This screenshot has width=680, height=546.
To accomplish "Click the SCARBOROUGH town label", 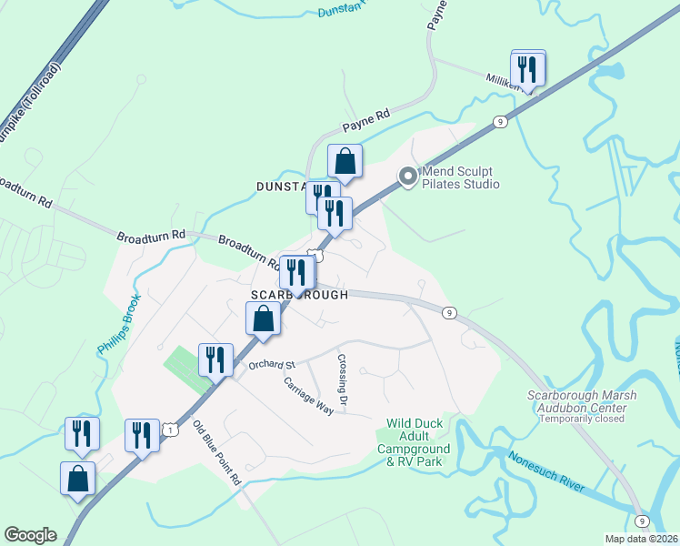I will coord(299,296).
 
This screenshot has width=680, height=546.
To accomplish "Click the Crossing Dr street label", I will coord(344,382).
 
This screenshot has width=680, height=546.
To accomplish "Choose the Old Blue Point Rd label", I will coord(216,451).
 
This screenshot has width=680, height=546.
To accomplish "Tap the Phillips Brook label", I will coord(115,324).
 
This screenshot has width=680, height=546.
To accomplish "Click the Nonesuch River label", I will coord(545,472).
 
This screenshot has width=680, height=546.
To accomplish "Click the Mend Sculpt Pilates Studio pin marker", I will coord(408,176).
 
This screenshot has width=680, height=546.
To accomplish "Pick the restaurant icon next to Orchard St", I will coord(216,359).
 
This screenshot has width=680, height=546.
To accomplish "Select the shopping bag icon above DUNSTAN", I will coord(345,161).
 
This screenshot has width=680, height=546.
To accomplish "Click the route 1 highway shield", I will coord(169,427).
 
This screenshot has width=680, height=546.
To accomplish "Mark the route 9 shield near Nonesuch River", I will coord(643,521).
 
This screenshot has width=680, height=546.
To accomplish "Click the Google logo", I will coord(31,535).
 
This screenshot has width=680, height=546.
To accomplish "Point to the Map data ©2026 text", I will coord(640,539).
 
